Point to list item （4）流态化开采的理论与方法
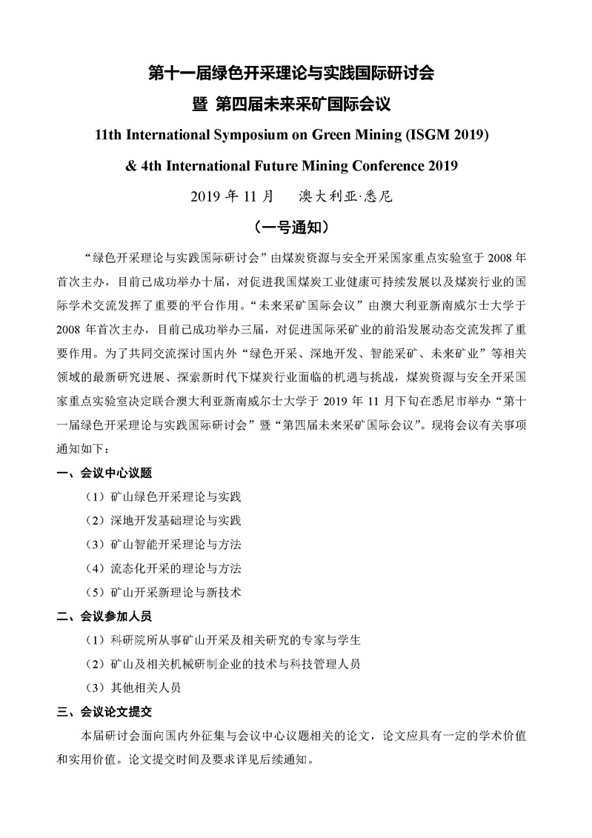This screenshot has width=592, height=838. [164, 568]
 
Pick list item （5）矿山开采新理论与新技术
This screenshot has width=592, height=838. [164, 592]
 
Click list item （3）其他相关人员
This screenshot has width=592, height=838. [133, 687]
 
